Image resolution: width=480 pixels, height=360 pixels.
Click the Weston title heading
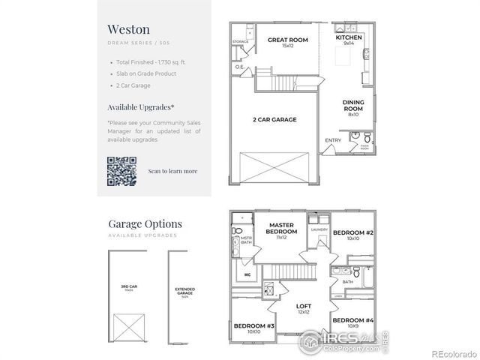pos(128,30)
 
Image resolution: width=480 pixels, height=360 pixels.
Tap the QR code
pos(121,171)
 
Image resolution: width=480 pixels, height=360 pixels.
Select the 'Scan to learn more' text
pos(173,171)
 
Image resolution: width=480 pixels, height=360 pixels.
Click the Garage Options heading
pos(145,223)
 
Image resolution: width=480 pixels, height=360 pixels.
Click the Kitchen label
pos(349,37)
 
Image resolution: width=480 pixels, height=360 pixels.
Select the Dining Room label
pos(352,104)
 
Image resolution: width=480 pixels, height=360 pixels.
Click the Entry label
pos(332,140)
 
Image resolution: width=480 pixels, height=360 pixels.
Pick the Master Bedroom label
pos(281,228)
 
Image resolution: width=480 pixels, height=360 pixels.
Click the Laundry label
pos(318,230)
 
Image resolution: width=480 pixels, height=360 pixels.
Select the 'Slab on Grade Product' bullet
pos(145,73)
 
